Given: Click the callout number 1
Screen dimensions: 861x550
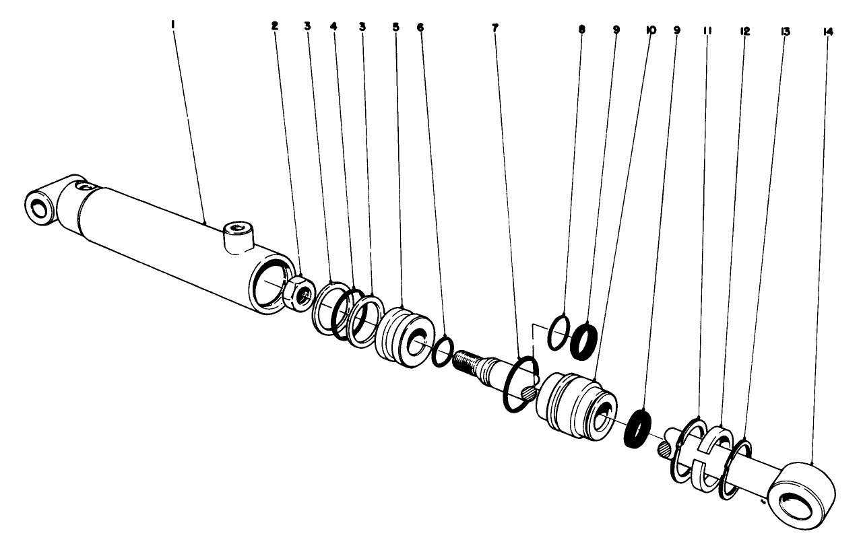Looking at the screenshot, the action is [x=173, y=25].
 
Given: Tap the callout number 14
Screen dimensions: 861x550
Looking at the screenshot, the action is [x=829, y=32].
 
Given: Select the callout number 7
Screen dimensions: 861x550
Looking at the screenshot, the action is [x=495, y=28].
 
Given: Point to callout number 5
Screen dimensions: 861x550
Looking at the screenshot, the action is [x=396, y=27].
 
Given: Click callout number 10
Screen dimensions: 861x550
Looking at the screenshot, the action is [x=651, y=30].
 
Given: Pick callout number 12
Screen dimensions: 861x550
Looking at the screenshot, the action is [x=745, y=31].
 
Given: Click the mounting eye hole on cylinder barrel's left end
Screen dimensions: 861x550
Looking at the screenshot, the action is [x=38, y=209].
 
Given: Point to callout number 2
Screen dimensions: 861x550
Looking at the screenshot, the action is [x=274, y=26].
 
